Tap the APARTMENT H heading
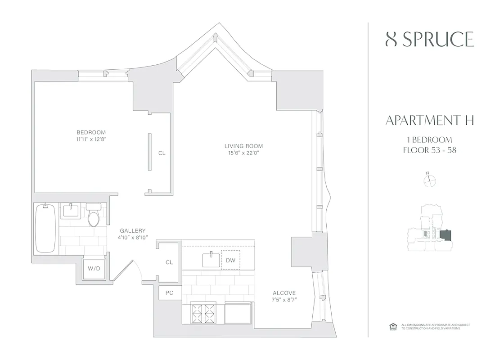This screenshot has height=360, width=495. tap(430, 121)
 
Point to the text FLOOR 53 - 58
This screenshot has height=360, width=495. tap(430, 150)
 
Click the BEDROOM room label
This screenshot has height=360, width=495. tap(91, 132)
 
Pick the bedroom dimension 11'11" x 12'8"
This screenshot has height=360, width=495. tap(91, 139)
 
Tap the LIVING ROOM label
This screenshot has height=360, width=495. tap(243, 146)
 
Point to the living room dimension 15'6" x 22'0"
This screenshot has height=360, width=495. tap(243, 153)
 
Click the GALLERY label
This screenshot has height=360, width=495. tap(132, 230)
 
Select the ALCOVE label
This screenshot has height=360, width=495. tap(284, 293)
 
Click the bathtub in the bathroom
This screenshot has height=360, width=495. tap(45, 228)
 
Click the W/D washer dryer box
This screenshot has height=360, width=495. tap(94, 269)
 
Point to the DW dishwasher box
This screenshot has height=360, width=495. tap(230, 261)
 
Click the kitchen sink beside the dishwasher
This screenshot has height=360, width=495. tap(211, 260)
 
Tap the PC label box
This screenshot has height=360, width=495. tap(170, 292)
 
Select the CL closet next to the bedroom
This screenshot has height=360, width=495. tap(162, 153)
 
